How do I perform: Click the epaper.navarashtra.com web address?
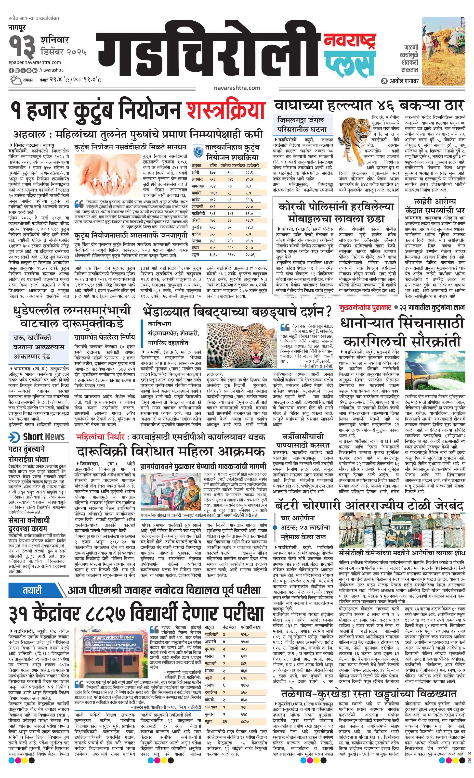[x=35, y=62]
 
